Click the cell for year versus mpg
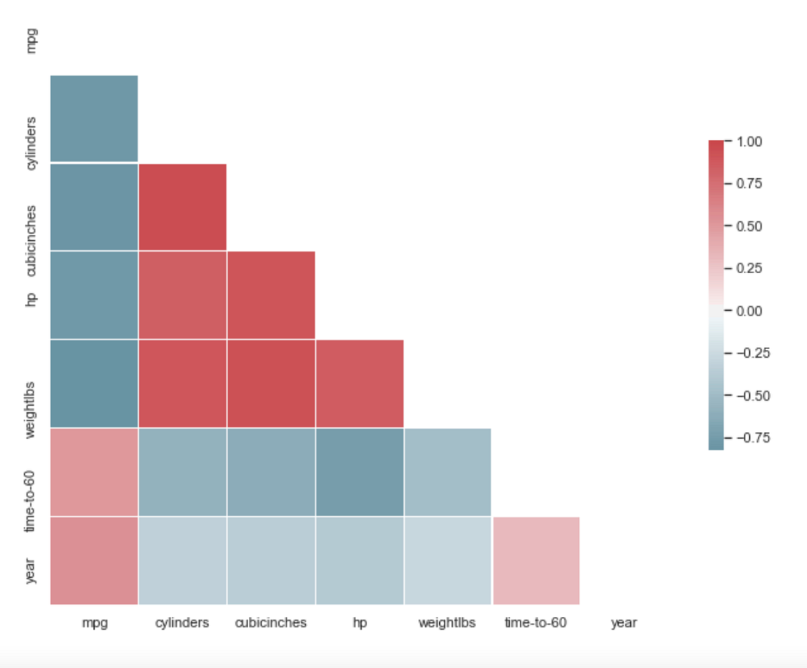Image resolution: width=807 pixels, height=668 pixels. pyautogui.click(x=93, y=560)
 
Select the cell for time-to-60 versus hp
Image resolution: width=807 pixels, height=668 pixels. pyautogui.click(x=359, y=472)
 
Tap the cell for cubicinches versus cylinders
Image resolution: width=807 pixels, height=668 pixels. pyautogui.click(x=182, y=207)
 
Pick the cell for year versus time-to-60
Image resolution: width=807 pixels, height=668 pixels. pyautogui.click(x=536, y=560)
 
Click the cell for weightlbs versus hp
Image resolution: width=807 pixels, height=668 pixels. pyautogui.click(x=359, y=383)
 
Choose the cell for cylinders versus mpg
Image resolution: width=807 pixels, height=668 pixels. pyautogui.click(x=93, y=118)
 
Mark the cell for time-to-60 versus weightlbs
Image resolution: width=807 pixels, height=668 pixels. pyautogui.click(x=448, y=472)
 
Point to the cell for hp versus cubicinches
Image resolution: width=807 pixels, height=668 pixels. pyautogui.click(x=271, y=295)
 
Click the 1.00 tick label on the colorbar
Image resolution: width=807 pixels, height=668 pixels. pyautogui.click(x=749, y=141)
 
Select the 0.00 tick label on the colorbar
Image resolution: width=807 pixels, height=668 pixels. pyautogui.click(x=749, y=311)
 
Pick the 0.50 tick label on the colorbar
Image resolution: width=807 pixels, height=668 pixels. pyautogui.click(x=749, y=226)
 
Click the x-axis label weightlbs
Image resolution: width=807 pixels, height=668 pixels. pyautogui.click(x=447, y=623)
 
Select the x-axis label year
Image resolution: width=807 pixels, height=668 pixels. pyautogui.click(x=624, y=623)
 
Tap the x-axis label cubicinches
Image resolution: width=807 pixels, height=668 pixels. pyautogui.click(x=271, y=623)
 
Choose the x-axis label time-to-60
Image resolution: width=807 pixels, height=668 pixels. pyautogui.click(x=536, y=623)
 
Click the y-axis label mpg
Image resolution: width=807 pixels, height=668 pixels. pyautogui.click(x=31, y=40)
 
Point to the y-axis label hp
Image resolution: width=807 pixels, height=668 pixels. pyautogui.click(x=31, y=299)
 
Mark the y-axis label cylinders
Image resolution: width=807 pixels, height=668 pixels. pyautogui.click(x=31, y=143)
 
